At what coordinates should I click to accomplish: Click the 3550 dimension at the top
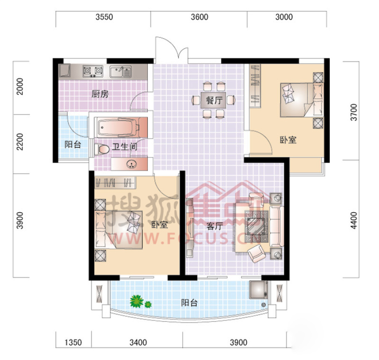click(104, 17)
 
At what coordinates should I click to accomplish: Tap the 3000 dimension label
click(284, 17)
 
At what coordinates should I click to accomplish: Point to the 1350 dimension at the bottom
click(73, 342)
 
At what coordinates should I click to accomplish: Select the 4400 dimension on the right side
click(354, 220)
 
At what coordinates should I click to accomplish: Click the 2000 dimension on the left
click(20, 86)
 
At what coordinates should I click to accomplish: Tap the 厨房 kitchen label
click(100, 94)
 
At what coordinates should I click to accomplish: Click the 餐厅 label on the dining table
click(214, 100)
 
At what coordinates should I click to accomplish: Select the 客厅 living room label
click(215, 227)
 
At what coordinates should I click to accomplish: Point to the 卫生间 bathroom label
click(125, 147)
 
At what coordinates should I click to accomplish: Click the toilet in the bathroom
click(102, 149)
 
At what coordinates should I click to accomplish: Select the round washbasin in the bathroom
click(131, 164)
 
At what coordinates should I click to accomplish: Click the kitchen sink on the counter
click(120, 72)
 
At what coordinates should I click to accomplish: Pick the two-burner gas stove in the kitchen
click(93, 71)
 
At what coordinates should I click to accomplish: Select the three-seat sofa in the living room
click(277, 226)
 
